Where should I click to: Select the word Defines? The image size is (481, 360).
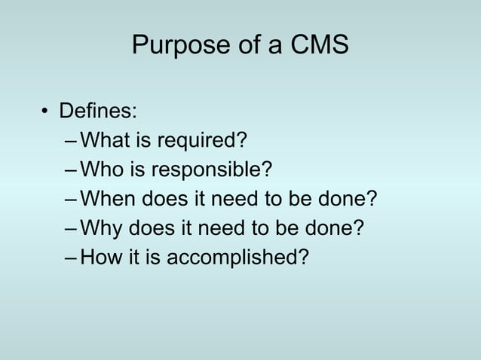98,113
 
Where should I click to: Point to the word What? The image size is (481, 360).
103,142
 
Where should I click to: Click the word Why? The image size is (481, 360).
101,228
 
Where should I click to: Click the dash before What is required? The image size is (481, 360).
71,142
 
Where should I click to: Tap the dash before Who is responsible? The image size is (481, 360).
71,171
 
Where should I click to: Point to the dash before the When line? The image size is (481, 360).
71,200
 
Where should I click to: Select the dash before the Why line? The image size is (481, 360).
71,228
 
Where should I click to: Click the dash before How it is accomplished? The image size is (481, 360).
71,257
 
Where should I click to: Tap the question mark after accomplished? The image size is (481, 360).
303,257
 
